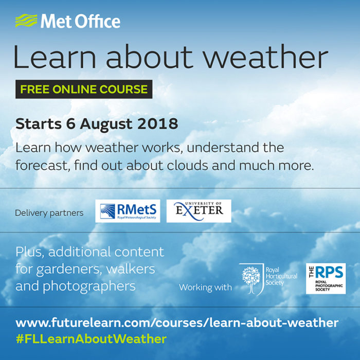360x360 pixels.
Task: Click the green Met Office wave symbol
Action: [26, 21]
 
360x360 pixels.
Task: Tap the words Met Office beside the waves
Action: [80, 22]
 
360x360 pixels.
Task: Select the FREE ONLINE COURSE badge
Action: [84, 89]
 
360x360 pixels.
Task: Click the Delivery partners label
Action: [49, 213]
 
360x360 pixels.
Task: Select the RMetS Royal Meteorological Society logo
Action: [128, 211]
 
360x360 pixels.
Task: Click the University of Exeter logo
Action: [202, 211]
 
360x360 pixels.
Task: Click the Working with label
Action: [205, 287]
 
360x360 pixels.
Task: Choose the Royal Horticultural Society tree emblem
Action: [251, 278]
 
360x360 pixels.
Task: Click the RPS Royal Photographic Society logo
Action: [326, 278]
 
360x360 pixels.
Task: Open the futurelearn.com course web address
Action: [177, 323]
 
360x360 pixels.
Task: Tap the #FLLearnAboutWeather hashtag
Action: [91, 339]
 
